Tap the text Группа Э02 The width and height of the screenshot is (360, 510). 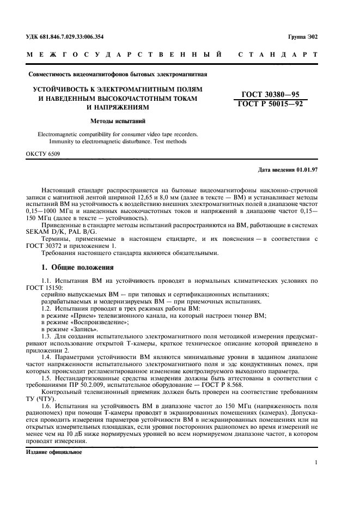[x=303, y=37]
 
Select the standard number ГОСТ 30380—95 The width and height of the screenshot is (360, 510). [x=270, y=94]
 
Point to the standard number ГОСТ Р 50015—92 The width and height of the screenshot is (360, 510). [x=270, y=104]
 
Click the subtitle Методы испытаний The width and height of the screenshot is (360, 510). [x=117, y=121]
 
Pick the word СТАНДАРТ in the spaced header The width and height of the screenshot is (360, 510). [x=277, y=55]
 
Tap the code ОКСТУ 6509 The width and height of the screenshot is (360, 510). [x=43, y=154]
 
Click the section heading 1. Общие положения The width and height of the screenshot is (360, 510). [x=78, y=268]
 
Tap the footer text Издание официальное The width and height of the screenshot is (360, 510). [x=54, y=452]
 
